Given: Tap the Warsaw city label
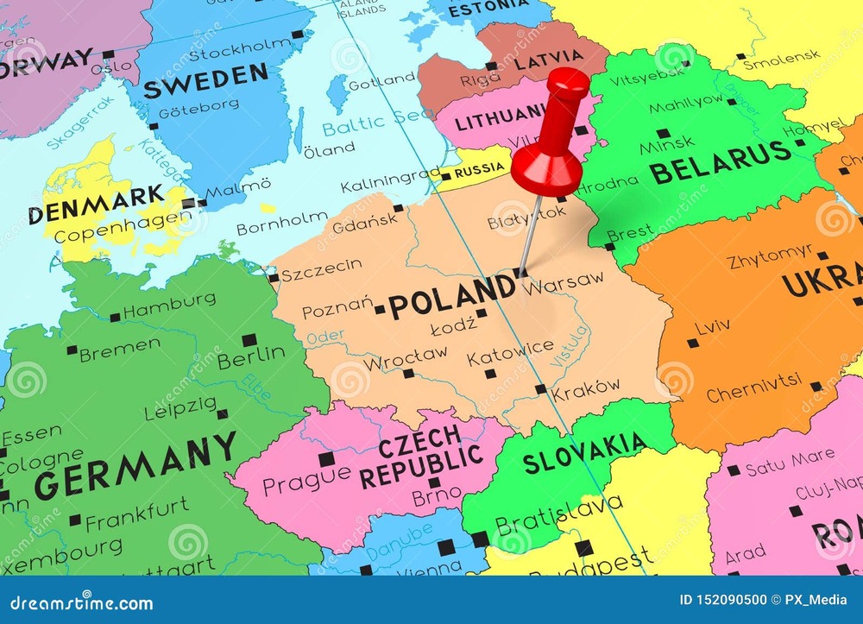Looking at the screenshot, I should tap(565, 281).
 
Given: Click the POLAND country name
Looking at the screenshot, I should tap(451, 297).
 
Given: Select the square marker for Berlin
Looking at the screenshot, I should tap(249, 339).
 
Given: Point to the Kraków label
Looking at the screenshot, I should tap(586, 389).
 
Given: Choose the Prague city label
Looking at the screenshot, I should tap(306, 481).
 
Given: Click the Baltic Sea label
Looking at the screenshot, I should tap(378, 121).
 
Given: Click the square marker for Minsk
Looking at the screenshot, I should tap(662, 134).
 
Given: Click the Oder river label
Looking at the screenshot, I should tap(325, 337).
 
